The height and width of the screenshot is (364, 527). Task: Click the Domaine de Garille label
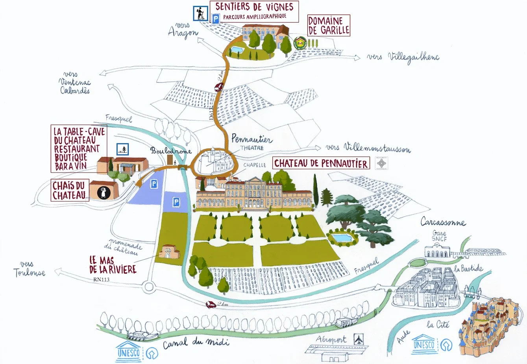329,26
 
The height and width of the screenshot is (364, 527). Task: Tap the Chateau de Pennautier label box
321,163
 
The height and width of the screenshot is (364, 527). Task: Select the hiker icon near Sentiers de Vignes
200,14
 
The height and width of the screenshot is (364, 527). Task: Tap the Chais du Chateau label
70,190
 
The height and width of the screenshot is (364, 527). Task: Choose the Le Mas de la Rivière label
113,265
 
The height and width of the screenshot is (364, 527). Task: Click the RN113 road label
102,280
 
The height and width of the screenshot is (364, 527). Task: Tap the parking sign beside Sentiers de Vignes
216,19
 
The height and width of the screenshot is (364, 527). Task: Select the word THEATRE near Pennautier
252,148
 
